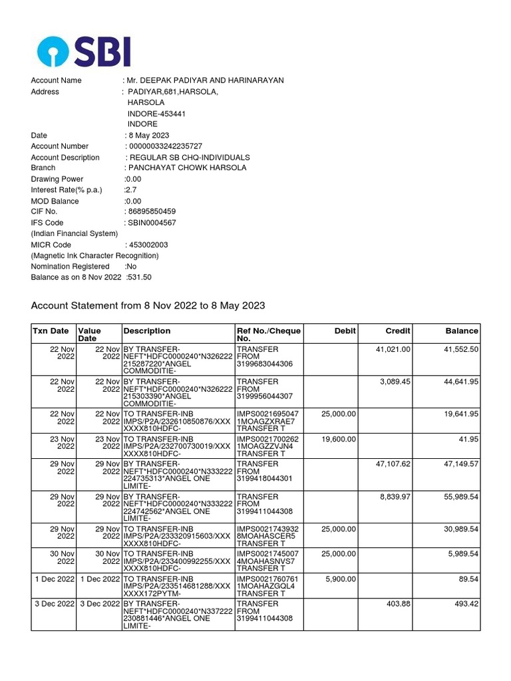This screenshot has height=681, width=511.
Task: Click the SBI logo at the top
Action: [x=84, y=51]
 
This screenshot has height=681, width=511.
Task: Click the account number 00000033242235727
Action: [x=164, y=146]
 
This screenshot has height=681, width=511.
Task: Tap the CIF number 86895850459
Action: [x=150, y=211]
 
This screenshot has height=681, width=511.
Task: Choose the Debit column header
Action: [x=345, y=331]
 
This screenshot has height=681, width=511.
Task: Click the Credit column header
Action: [x=398, y=331]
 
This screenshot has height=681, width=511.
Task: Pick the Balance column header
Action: [x=462, y=331]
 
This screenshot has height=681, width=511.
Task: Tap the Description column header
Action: [x=146, y=331]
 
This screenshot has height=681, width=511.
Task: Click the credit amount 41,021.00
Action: [x=393, y=349]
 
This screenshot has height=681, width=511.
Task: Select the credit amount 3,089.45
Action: [x=395, y=382]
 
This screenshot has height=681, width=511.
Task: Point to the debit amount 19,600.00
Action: [x=339, y=439]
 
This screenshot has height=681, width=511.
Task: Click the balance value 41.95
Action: [x=467, y=439]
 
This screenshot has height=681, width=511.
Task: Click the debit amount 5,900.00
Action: [x=341, y=579]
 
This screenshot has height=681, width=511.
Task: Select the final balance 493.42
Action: [x=464, y=604]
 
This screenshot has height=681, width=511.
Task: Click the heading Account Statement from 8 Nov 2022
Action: [x=148, y=306]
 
